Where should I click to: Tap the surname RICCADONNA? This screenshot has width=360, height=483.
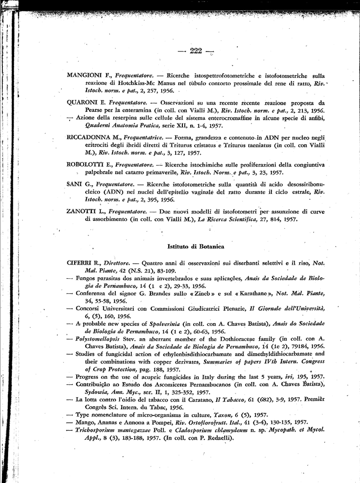[89, 137]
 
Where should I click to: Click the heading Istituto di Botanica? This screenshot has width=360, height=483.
[196, 247]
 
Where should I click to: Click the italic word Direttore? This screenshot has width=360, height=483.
[116, 262]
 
